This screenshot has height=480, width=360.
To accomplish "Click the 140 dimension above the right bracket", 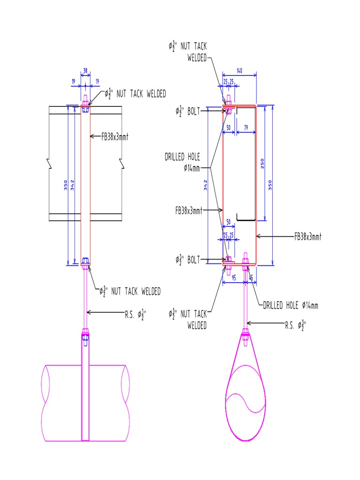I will coord(239,71).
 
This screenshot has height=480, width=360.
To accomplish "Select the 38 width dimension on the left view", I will coord(85,71).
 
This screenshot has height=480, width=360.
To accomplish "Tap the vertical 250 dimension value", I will coord(262,164).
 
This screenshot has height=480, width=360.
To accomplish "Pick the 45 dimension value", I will coord(251,277).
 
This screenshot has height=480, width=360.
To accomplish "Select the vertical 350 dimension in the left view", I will coord(66,186).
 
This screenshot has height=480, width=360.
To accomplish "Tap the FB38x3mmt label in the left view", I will coord(115,137).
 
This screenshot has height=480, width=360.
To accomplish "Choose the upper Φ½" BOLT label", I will coord(187,111).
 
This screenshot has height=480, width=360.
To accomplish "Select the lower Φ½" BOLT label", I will coord(187,259).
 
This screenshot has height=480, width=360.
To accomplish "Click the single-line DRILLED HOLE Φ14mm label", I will coord(290,306).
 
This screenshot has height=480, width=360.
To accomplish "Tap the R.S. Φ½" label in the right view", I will coord(297,323).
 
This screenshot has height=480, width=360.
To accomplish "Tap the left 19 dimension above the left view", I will coord(74,81).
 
